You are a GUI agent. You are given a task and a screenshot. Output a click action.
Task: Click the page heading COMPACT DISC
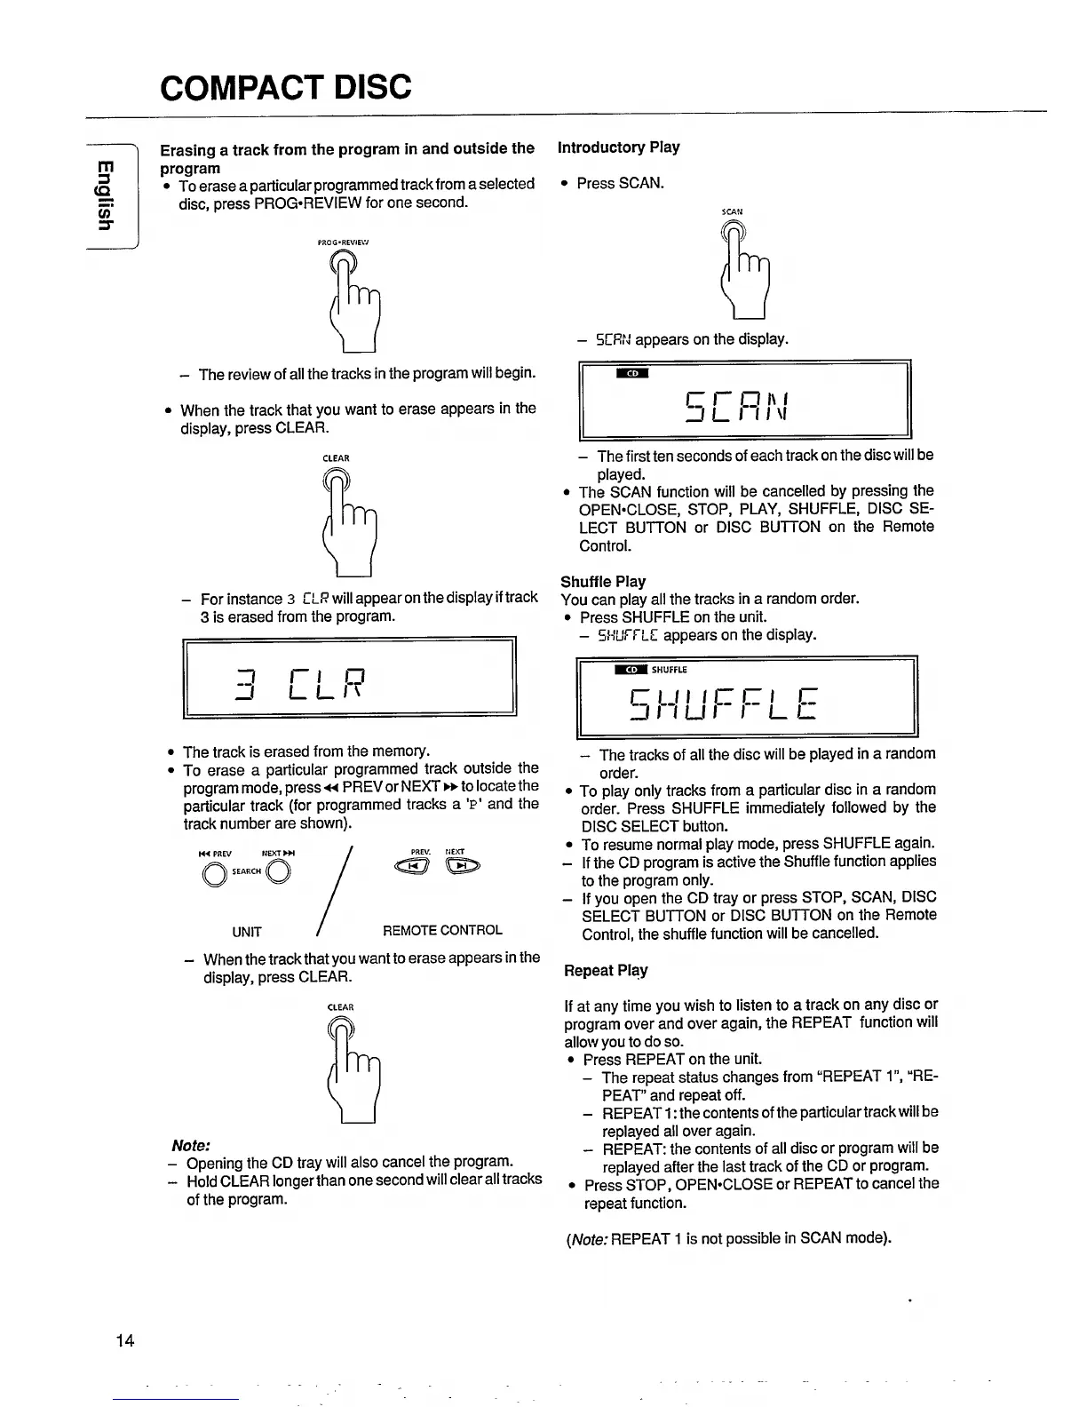286,87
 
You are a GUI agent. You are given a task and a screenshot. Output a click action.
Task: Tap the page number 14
125,1340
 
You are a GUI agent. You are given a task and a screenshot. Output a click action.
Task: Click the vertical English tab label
105,195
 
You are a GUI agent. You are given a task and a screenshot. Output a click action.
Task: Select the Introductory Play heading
618,147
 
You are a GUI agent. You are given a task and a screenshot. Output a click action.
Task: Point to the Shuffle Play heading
603,582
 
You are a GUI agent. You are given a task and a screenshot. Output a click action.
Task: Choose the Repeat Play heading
606,970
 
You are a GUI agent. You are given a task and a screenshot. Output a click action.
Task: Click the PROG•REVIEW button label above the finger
343,241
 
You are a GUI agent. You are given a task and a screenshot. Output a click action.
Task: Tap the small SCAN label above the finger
732,212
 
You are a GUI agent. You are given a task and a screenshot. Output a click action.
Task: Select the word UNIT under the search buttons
247,932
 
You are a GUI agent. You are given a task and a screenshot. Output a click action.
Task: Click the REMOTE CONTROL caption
442,931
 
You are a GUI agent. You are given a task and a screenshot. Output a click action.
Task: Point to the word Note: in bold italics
190,1145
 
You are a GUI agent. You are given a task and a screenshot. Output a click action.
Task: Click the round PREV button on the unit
214,875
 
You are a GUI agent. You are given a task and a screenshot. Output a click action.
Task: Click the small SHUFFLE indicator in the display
670,670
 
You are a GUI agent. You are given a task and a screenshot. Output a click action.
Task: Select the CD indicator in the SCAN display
632,373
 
